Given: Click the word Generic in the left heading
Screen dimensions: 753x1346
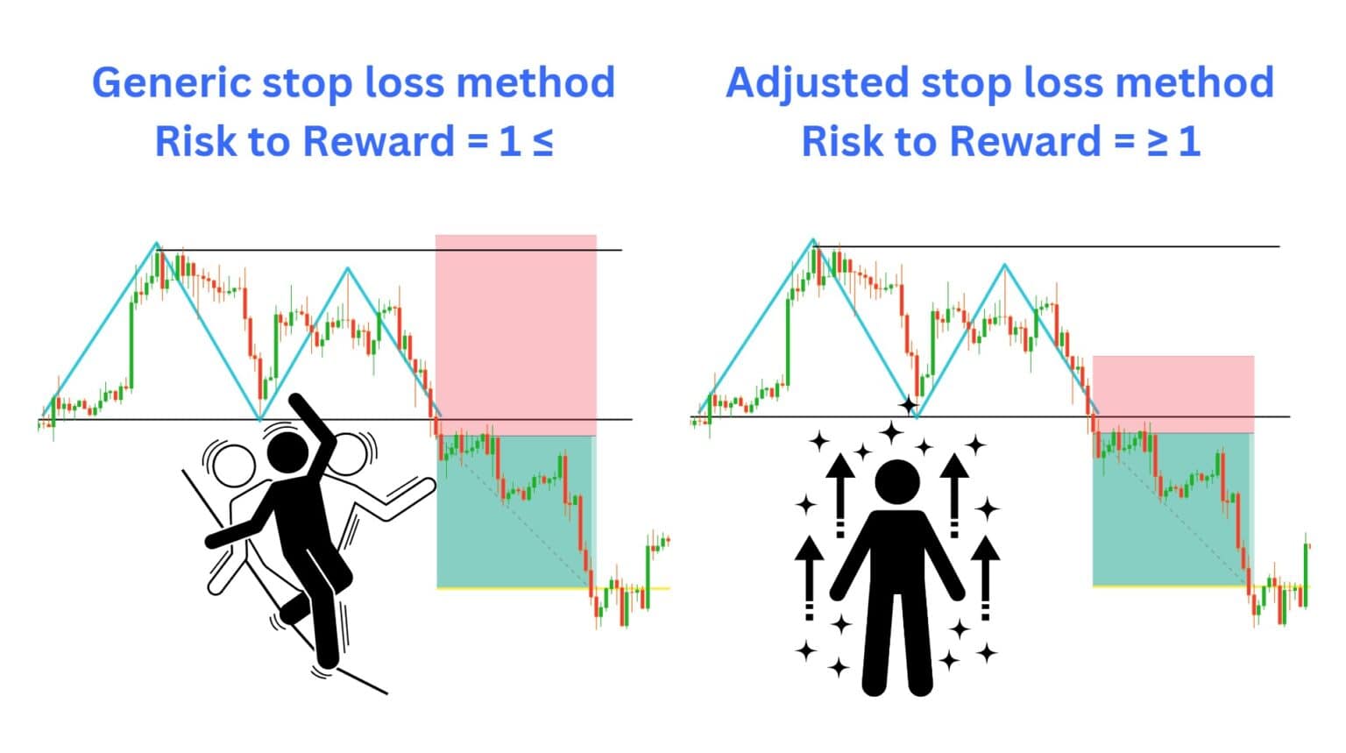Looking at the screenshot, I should pyautogui.click(x=172, y=83).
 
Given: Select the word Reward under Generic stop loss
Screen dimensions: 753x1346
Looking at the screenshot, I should pyautogui.click(x=378, y=142).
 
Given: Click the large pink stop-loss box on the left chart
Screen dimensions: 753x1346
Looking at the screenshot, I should pyautogui.click(x=515, y=333).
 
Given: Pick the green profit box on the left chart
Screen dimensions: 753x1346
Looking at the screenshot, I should pyautogui.click(x=515, y=511).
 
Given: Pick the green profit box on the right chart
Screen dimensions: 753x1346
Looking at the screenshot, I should pyautogui.click(x=1171, y=508).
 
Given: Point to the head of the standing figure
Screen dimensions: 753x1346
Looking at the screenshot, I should pyautogui.click(x=897, y=482).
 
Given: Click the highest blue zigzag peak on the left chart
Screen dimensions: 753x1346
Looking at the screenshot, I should pyautogui.click(x=157, y=244).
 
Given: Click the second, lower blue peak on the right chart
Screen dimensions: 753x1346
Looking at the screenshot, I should pyautogui.click(x=1004, y=265).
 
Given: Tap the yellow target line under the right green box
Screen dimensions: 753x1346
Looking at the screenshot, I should pyautogui.click(x=1170, y=586).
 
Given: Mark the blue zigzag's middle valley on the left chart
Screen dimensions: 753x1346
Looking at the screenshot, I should pyautogui.click(x=260, y=419).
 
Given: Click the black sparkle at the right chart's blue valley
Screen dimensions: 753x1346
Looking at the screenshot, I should pyautogui.click(x=909, y=406).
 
